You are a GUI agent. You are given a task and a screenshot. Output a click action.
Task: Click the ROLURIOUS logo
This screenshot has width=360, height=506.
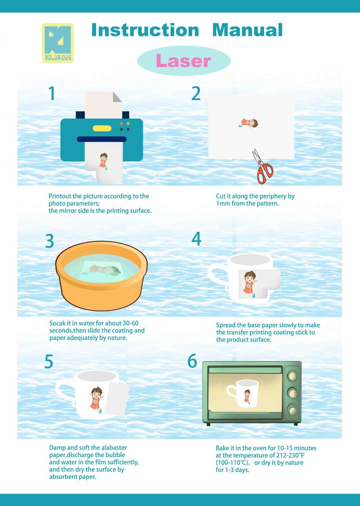pos(58,43)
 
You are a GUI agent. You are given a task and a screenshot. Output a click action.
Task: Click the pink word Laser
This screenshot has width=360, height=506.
pos(183,61)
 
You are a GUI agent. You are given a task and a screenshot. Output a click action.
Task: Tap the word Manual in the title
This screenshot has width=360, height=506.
pos(248,30)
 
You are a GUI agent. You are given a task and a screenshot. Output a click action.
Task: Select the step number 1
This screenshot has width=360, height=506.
pos(52,93)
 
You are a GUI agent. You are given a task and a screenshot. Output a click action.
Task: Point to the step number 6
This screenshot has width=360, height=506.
pos(192,361)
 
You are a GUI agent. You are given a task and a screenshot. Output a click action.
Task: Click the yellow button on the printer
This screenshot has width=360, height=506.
pos(102,128)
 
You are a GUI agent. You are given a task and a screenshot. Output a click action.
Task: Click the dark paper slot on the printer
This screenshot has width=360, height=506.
pos(102,139)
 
